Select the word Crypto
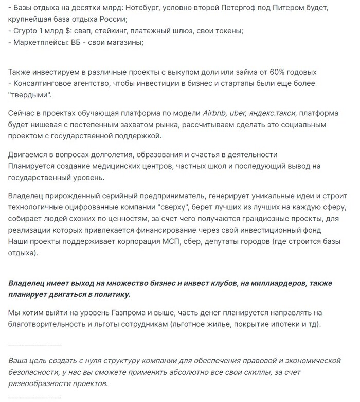click(27, 31)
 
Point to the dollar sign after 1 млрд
click(75, 31)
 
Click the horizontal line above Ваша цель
click(35, 343)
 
